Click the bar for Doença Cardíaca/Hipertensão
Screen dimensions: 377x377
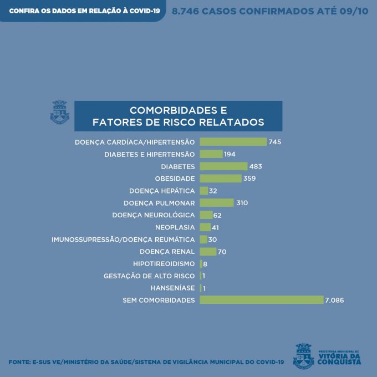point(233,142)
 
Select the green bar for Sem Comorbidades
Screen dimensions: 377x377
point(261,300)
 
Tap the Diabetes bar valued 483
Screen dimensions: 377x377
point(223,166)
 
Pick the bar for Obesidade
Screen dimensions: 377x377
point(221,179)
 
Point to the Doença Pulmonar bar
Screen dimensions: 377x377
point(217,203)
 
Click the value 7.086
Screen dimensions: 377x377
point(335,300)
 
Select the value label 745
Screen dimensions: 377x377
point(275,142)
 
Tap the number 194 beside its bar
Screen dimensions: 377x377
point(230,154)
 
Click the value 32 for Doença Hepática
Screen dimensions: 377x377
point(213,191)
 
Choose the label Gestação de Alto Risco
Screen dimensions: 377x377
point(149,276)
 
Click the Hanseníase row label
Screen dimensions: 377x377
point(172,288)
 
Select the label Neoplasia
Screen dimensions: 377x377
point(176,227)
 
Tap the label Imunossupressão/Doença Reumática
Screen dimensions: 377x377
point(123,240)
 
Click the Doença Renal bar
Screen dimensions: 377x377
point(208,252)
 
